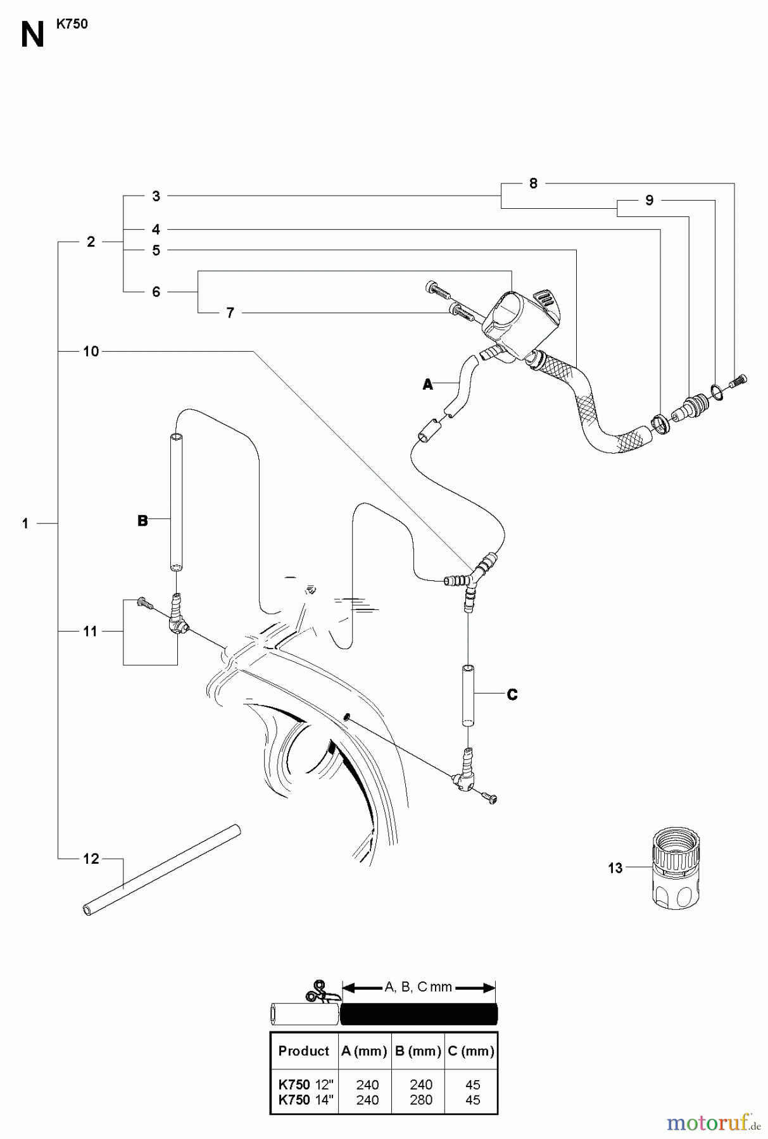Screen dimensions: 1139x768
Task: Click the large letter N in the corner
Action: [32, 35]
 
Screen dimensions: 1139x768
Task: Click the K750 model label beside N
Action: [72, 24]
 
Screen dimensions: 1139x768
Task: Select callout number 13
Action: [615, 868]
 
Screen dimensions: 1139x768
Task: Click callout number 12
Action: [91, 859]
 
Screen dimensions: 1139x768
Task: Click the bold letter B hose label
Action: [142, 521]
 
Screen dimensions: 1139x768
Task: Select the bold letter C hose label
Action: [512, 695]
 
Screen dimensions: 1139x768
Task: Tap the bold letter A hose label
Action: [427, 384]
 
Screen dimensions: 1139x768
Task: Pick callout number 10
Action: [91, 351]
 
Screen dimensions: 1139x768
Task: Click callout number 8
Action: [533, 183]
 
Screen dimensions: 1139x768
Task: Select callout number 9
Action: [649, 200]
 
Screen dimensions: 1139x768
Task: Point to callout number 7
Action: [230, 313]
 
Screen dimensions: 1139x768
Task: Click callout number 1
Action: [25, 524]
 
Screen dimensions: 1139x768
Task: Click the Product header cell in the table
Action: [304, 1051]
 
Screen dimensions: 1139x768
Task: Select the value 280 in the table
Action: [420, 1100]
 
